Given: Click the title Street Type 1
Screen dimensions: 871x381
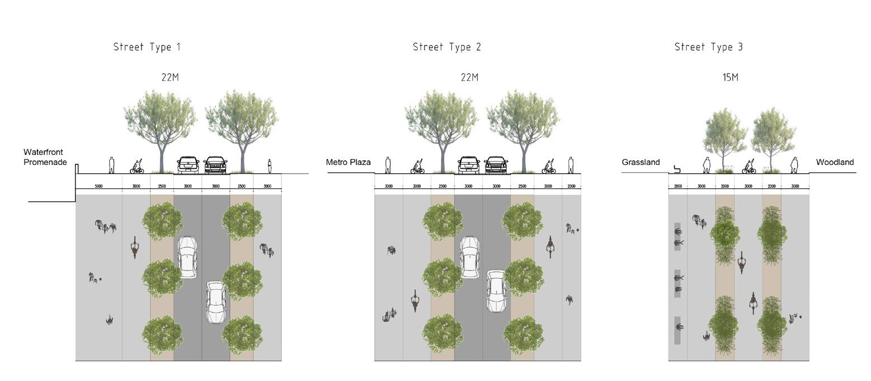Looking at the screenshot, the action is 147,47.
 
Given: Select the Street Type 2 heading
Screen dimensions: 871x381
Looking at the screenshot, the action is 446,47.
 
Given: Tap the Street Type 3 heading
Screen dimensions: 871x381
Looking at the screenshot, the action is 708,47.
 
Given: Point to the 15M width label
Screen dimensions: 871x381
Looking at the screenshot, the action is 730,78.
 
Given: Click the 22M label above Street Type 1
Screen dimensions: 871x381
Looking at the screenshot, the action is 170,78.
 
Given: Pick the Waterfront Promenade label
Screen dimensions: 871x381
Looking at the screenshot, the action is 45,157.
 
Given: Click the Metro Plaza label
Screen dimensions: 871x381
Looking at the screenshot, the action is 348,162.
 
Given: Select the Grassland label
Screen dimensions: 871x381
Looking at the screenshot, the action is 641,162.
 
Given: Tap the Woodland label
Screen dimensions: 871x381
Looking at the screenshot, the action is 835,162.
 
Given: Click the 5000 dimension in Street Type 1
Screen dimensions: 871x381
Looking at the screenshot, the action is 98,186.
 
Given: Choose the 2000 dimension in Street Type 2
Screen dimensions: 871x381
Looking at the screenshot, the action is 571,186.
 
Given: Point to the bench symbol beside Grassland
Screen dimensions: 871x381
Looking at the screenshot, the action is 677,169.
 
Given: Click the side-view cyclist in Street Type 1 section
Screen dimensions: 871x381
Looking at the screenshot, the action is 136,166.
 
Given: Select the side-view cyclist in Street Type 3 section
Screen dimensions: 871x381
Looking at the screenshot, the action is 748,166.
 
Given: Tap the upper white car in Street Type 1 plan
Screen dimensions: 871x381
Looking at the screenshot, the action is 187,257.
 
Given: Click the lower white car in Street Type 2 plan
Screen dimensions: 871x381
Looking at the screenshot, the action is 496,291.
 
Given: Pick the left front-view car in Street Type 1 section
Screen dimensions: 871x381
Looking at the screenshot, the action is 188,165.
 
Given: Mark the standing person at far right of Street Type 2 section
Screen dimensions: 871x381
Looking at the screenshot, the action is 571,165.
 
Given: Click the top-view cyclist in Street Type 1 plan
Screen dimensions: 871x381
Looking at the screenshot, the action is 135,247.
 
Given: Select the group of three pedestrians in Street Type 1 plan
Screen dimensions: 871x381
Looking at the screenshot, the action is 105,226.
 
